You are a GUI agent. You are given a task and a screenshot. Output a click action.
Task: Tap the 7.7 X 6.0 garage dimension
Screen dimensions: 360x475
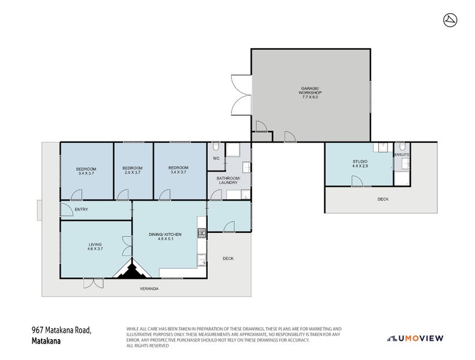311,97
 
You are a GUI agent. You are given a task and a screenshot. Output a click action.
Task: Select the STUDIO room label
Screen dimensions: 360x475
360,162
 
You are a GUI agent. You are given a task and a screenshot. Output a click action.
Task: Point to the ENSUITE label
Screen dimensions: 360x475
401,155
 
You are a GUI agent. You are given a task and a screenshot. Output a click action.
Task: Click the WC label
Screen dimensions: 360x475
216,158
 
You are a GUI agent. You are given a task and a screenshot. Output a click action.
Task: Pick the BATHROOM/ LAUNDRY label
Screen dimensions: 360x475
228,181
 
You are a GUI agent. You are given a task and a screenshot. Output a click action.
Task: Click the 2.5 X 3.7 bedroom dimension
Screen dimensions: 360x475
132,173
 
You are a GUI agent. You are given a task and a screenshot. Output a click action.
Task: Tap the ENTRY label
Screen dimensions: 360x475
82,209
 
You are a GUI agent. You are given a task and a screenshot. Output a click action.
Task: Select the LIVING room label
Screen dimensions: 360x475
95,244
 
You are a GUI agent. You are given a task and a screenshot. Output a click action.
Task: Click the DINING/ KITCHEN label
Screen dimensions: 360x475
165,235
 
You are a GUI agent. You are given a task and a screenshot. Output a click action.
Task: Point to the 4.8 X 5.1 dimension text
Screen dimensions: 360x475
165,240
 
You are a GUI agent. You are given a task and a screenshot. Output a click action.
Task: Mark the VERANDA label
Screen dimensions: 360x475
150,289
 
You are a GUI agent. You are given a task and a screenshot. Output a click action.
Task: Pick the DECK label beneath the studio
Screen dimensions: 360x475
383,199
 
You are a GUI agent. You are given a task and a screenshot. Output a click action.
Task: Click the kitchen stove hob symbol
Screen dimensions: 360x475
202,232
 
